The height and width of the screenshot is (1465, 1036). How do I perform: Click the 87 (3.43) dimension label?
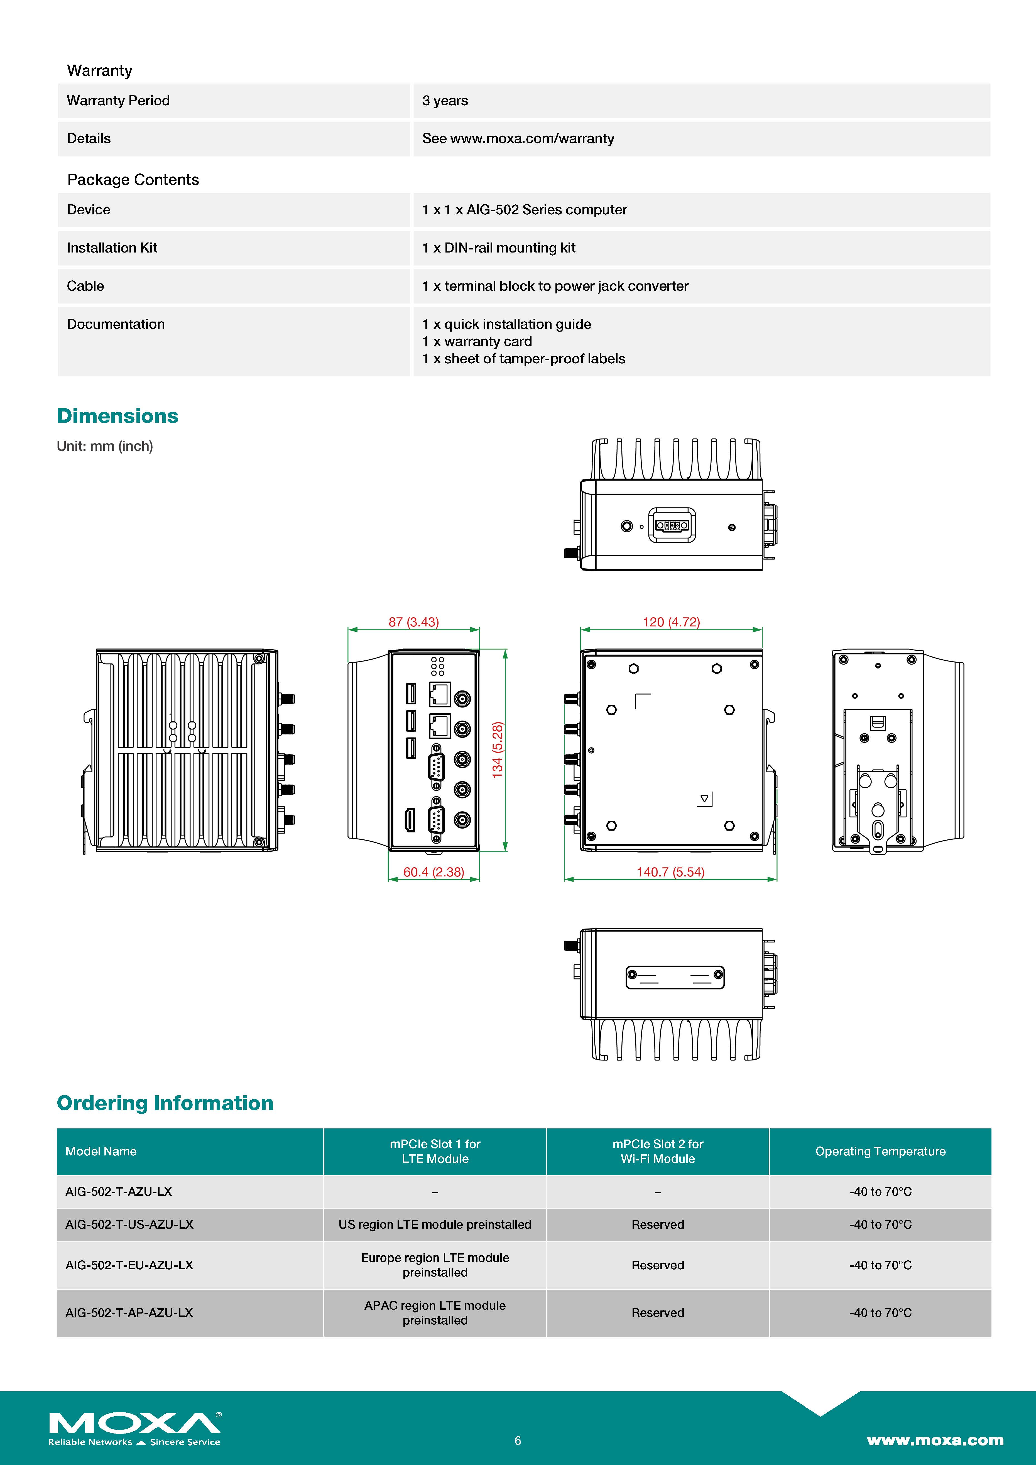[x=413, y=622]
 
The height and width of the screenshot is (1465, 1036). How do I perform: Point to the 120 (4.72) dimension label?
[x=671, y=622]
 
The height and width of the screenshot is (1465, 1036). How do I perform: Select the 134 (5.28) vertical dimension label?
[x=498, y=750]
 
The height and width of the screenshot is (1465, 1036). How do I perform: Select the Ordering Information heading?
[x=165, y=1103]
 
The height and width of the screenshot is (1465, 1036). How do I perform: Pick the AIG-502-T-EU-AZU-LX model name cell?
[x=129, y=1265]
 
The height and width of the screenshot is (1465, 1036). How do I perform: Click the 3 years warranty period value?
[x=445, y=101]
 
